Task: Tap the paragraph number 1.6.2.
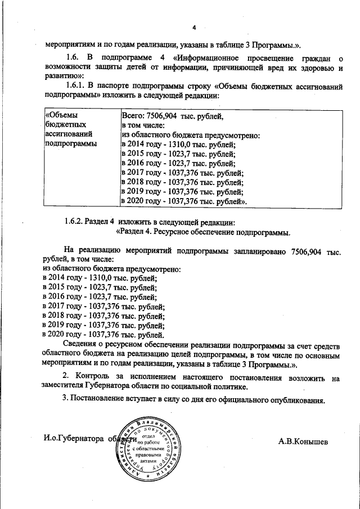coord(78,221)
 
